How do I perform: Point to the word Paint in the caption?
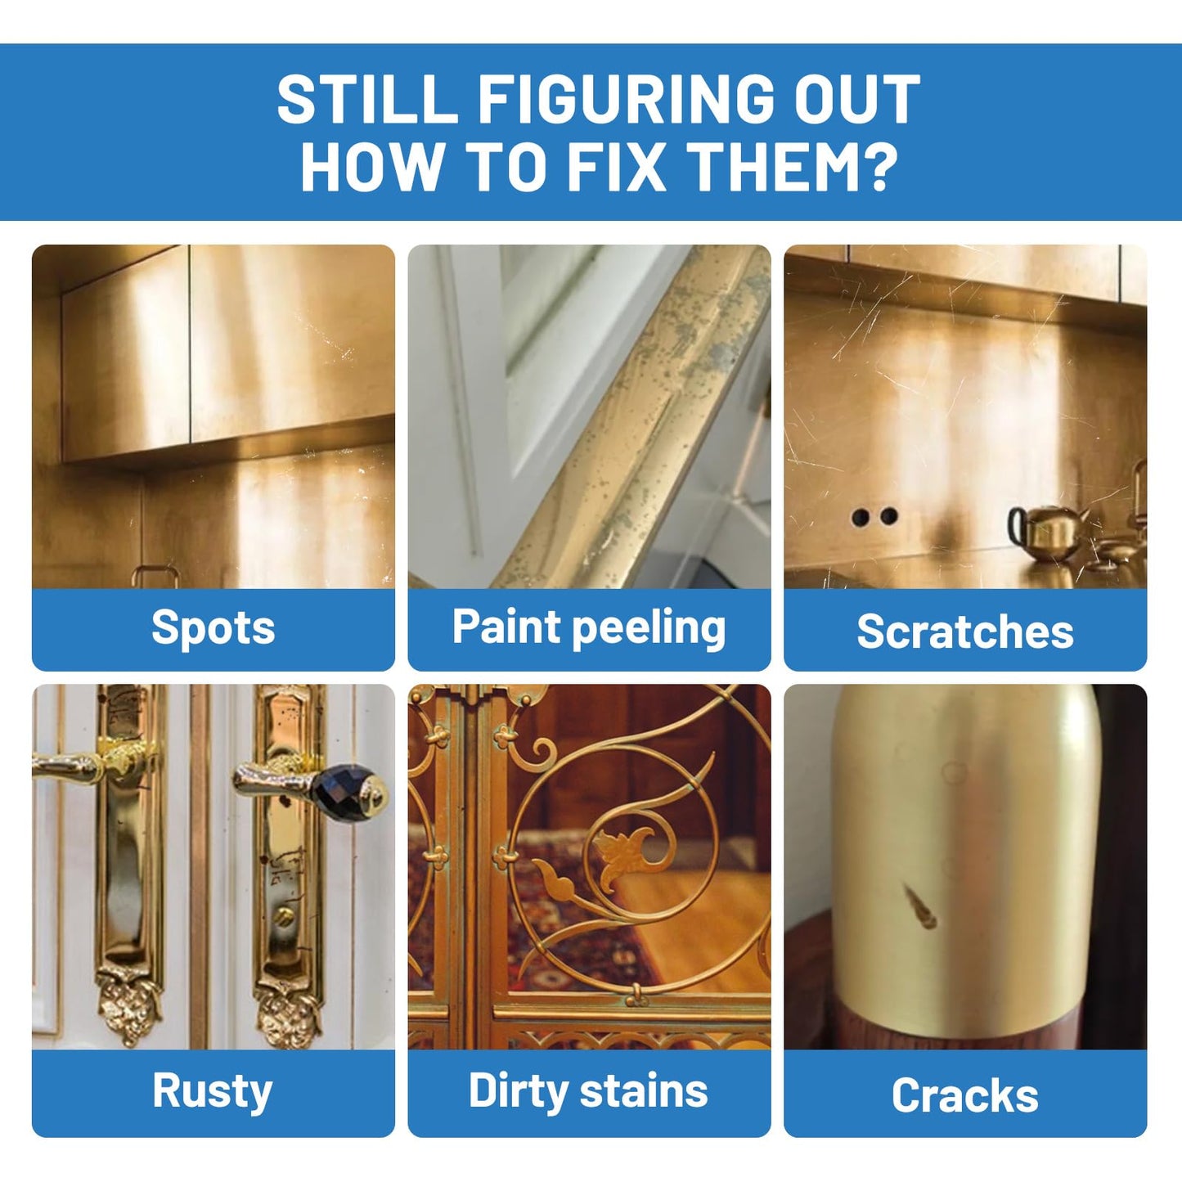(506, 626)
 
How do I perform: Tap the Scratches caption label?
(965, 631)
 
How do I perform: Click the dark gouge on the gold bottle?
(919, 904)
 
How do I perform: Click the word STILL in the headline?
(367, 99)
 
